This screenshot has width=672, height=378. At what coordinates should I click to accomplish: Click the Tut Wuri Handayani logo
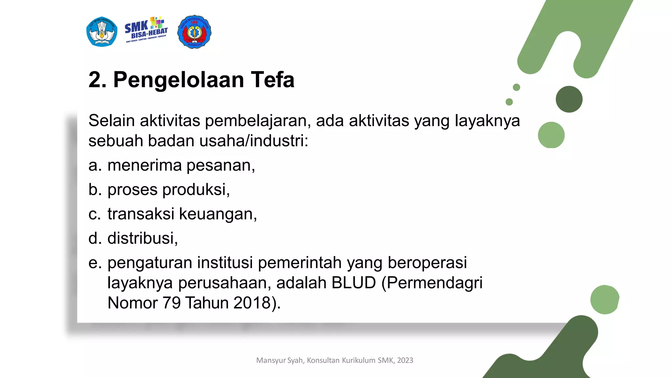(x=102, y=32)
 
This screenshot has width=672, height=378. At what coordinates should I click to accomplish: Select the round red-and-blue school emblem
(x=194, y=32)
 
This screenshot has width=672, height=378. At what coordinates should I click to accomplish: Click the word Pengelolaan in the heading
(x=178, y=80)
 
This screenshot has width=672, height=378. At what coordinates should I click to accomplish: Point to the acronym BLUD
(x=353, y=283)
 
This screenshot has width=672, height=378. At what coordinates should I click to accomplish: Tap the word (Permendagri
(x=432, y=283)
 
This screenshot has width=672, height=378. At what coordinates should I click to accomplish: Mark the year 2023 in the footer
(x=405, y=360)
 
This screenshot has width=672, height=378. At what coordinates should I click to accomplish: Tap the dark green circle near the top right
(x=569, y=99)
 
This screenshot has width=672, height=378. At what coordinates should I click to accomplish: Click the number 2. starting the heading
(x=97, y=80)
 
